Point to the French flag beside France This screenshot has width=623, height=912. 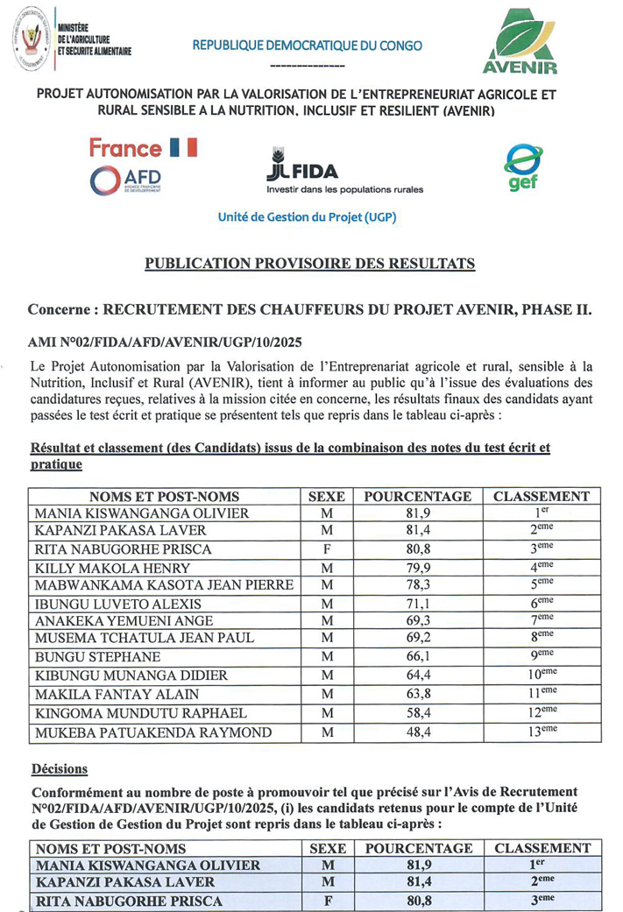coord(185,149)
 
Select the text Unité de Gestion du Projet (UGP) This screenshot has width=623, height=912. coord(308,217)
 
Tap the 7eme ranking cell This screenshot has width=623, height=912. coord(541,621)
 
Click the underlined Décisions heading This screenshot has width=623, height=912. coord(60,769)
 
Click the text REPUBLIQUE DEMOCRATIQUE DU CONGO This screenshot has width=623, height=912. coord(308,46)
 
